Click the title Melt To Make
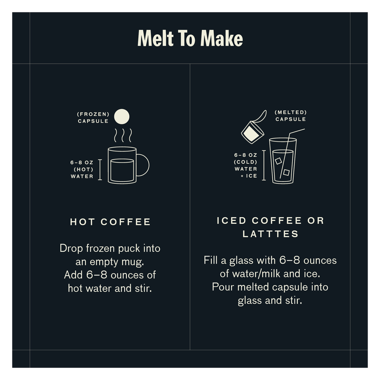point(190,38)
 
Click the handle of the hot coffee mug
point(143,165)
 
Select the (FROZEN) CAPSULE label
point(94,118)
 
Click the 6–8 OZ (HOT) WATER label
point(82,170)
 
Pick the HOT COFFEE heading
point(110,222)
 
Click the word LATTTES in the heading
point(270,234)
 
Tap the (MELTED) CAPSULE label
point(291,115)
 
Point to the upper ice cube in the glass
point(278,161)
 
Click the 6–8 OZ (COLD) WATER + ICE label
point(246,165)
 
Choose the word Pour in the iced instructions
point(223,287)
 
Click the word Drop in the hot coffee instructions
point(71,248)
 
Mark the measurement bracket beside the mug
point(100,170)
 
